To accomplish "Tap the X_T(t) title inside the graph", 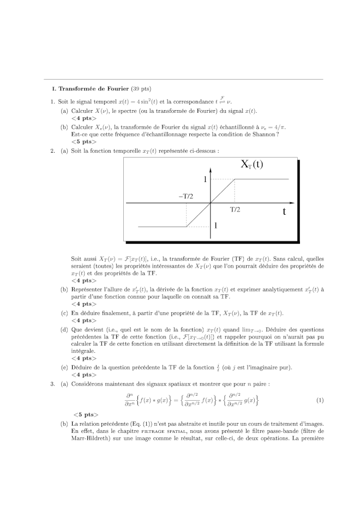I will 252,164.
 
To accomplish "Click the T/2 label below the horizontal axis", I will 235,209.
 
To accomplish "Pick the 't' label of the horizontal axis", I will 284,211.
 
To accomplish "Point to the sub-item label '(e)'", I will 64,367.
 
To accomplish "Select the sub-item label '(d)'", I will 64,329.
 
